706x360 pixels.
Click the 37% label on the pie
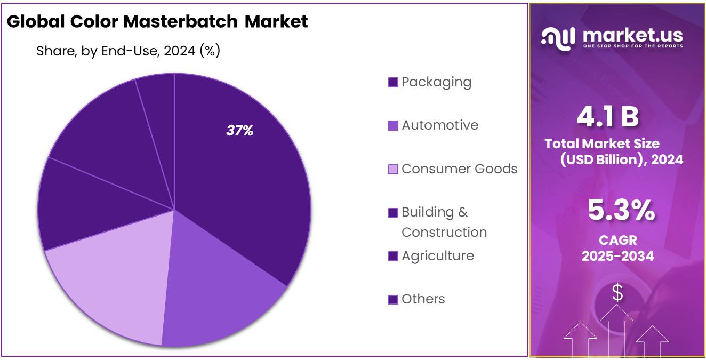(240, 131)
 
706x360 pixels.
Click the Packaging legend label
(436, 82)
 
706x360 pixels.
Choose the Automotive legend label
(439, 125)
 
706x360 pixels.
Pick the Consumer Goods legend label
(459, 169)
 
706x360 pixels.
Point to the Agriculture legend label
(437, 256)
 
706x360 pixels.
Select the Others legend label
(423, 299)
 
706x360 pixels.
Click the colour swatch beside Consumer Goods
(393, 170)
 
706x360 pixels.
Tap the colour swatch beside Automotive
(393, 126)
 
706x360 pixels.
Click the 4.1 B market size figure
(608, 117)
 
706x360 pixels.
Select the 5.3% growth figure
(621, 210)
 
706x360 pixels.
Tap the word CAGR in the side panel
(617, 241)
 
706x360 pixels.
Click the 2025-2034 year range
(617, 256)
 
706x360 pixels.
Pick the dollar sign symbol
(617, 292)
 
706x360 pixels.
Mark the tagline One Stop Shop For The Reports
(632, 46)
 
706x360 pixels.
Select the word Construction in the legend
(444, 233)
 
